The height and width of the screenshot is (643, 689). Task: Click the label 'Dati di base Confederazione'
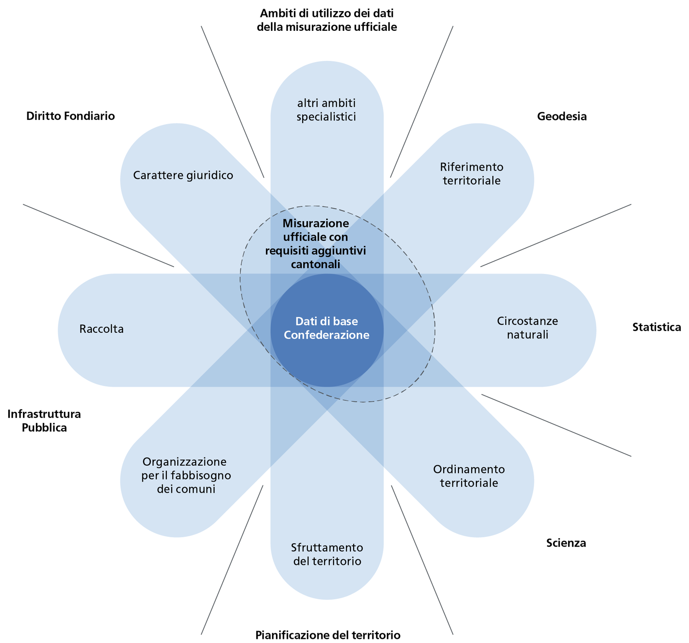click(x=327, y=328)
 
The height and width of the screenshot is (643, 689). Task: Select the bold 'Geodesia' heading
click(x=562, y=116)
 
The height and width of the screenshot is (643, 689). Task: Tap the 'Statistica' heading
click(x=656, y=327)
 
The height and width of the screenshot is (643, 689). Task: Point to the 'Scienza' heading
click(x=566, y=543)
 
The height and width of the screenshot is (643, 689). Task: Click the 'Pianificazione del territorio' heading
click(x=328, y=635)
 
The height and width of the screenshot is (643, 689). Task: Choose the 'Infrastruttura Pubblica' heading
click(x=44, y=421)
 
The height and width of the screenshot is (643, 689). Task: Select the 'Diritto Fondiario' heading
click(x=70, y=116)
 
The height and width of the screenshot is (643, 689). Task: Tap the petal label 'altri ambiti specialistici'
click(x=327, y=110)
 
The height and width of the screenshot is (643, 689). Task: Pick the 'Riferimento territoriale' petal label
click(x=471, y=173)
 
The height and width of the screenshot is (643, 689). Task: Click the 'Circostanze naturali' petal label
click(x=527, y=328)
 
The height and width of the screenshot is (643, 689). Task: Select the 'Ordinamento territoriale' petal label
click(x=469, y=476)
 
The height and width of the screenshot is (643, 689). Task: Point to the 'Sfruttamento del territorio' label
click(x=327, y=554)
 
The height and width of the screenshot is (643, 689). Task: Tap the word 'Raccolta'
click(x=102, y=329)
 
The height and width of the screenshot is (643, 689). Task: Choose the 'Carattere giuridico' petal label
click(x=183, y=175)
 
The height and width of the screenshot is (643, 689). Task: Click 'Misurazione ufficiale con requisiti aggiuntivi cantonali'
click(x=316, y=244)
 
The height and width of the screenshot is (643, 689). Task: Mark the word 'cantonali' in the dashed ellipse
click(x=316, y=264)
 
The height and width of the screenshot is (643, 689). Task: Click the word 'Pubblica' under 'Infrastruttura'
click(x=44, y=428)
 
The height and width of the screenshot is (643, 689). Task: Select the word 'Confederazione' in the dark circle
click(x=327, y=335)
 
